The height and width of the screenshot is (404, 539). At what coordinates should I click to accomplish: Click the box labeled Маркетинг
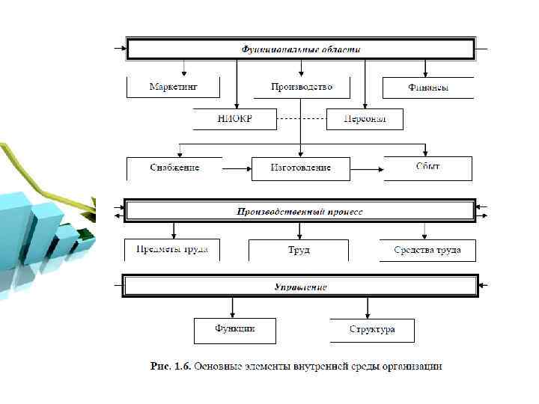(173, 87)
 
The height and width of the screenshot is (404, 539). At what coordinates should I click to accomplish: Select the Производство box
(301, 87)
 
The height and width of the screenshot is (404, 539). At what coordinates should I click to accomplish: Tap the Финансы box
(428, 88)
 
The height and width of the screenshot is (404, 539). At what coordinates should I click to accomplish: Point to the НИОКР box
(234, 119)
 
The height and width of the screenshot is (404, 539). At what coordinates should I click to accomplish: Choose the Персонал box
(365, 119)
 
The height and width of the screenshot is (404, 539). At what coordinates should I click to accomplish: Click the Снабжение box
(174, 168)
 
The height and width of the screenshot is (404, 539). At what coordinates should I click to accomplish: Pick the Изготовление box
(301, 168)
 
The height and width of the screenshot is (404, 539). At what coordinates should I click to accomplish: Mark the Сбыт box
(427, 168)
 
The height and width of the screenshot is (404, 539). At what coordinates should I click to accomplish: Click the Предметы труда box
(172, 250)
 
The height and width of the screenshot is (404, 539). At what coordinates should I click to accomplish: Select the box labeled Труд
(299, 250)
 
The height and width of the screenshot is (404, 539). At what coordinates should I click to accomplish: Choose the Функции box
(235, 329)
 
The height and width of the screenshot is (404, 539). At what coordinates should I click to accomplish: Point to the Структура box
(371, 329)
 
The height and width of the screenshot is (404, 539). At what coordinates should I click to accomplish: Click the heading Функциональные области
(301, 49)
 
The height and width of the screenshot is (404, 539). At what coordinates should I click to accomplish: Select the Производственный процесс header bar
(300, 212)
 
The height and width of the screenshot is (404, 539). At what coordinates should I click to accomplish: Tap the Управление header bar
(300, 287)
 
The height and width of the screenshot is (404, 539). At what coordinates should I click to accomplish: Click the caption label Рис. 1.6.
(171, 367)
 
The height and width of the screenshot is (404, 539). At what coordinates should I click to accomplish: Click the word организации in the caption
(412, 367)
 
